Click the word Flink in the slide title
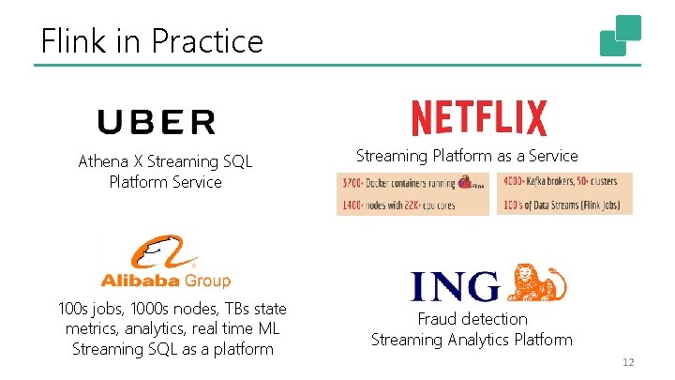(x=70, y=41)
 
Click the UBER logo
(x=157, y=122)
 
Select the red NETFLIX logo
(x=479, y=119)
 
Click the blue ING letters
(x=456, y=286)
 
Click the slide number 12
(x=629, y=361)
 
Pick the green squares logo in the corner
(x=621, y=36)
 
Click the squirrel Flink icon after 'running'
(x=466, y=183)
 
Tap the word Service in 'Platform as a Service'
(x=553, y=156)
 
